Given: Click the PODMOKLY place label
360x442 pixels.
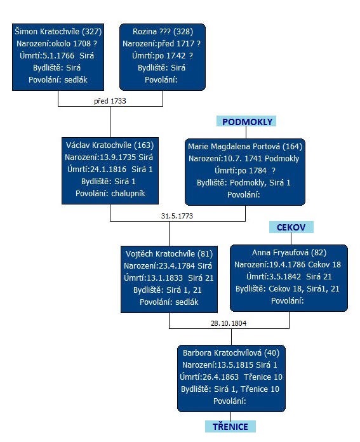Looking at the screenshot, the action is tap(247, 121).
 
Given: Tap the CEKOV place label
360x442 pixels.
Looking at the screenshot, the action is tap(291, 227).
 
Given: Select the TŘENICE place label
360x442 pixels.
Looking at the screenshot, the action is tap(230, 427).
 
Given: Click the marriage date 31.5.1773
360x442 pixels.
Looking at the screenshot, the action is tap(177, 216).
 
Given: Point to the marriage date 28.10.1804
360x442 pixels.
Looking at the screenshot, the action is tap(229, 323).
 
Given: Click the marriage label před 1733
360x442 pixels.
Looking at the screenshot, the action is tap(110, 101).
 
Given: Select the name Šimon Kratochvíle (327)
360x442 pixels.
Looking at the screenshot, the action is tap(58, 31).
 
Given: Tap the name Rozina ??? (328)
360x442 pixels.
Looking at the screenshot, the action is tap(163, 31).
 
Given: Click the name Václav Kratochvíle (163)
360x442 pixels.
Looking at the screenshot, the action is tap(110, 145).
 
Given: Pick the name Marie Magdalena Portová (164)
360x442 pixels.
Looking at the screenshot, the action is tap(245, 146).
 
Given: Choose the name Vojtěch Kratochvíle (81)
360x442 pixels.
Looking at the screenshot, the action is tap(169, 253).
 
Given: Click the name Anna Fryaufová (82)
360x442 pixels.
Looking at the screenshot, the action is tap(289, 253).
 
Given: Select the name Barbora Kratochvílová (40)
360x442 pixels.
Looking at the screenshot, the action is tap(231, 353).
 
